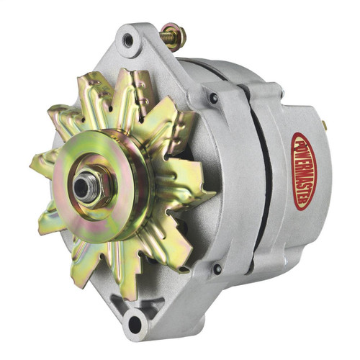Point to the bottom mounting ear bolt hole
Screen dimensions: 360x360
click(x=134, y=323)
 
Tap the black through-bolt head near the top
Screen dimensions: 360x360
click(x=214, y=97)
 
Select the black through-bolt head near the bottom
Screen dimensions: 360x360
click(x=217, y=269)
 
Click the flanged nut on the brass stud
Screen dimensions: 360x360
click(x=176, y=35)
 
